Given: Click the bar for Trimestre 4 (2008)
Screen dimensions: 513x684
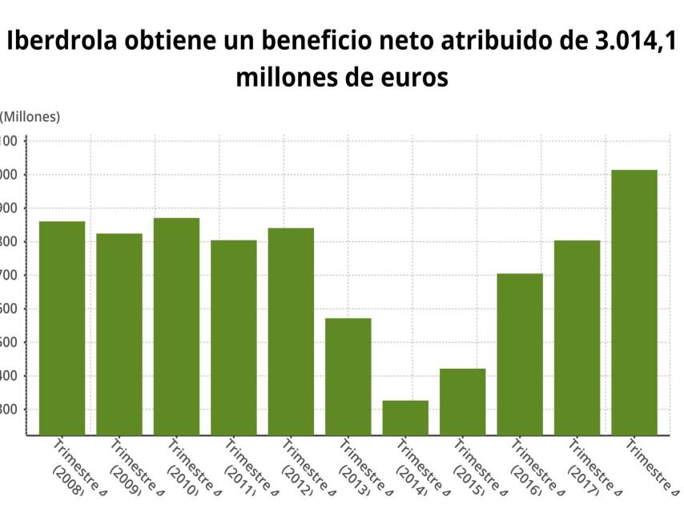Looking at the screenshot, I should click(x=62, y=328).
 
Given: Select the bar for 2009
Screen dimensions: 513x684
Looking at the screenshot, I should click(x=119, y=334).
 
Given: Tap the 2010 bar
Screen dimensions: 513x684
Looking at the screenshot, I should click(x=176, y=326).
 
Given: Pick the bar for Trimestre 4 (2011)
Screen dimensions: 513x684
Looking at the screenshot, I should click(x=234, y=337).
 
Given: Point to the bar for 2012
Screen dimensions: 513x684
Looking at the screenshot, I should click(x=291, y=331).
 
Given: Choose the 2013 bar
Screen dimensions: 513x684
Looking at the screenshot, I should click(x=348, y=377).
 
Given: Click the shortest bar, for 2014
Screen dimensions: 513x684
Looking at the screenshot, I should click(x=405, y=418).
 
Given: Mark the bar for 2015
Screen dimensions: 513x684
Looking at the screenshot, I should click(x=462, y=402).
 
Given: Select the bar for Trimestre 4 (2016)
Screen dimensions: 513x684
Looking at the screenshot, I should click(x=520, y=354).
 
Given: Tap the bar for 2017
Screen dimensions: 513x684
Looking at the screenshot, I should click(x=577, y=337).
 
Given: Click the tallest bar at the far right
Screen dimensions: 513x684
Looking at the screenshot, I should click(x=634, y=302).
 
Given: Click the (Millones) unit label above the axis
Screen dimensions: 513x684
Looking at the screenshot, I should click(x=30, y=117).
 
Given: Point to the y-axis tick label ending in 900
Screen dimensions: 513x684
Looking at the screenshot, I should click(x=9, y=208).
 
